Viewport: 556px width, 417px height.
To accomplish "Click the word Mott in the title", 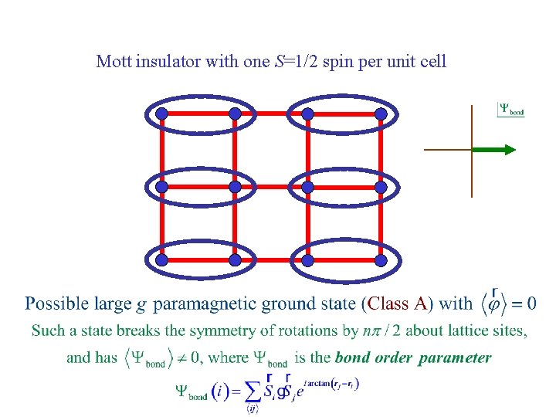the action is point(114,61).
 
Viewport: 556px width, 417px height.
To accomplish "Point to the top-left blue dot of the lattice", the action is point(161,114).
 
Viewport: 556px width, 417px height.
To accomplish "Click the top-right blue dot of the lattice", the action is point(381,114).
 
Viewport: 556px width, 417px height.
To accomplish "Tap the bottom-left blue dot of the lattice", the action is point(161,260).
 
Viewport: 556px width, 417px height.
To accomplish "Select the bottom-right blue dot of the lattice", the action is point(381,260).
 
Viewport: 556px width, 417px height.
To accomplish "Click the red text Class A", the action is point(398,303).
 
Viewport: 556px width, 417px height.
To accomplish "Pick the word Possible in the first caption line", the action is point(55,303).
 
